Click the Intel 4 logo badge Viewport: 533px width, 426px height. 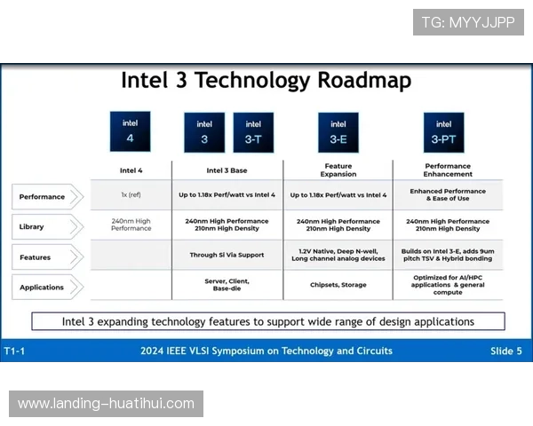[x=131, y=131]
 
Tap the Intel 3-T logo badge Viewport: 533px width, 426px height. [x=253, y=132]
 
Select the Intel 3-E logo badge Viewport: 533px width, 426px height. [x=338, y=132]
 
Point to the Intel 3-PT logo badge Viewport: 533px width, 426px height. [x=443, y=132]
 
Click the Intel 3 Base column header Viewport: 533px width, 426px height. [x=227, y=170]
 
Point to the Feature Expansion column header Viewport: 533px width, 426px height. [x=338, y=170]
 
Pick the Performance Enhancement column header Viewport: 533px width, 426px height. [x=448, y=170]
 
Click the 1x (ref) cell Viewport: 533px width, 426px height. [x=131, y=194]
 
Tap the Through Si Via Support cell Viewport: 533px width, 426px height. [x=227, y=255]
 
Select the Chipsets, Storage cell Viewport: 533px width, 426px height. [x=338, y=285]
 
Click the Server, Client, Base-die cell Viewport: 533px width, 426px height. [x=227, y=285]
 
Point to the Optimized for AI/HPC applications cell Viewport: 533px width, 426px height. [x=448, y=285]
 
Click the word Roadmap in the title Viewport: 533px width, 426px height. [x=364, y=81]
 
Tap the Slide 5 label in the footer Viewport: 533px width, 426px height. [x=505, y=351]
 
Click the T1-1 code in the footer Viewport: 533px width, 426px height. [x=14, y=351]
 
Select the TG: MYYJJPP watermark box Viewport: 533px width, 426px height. [x=468, y=22]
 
